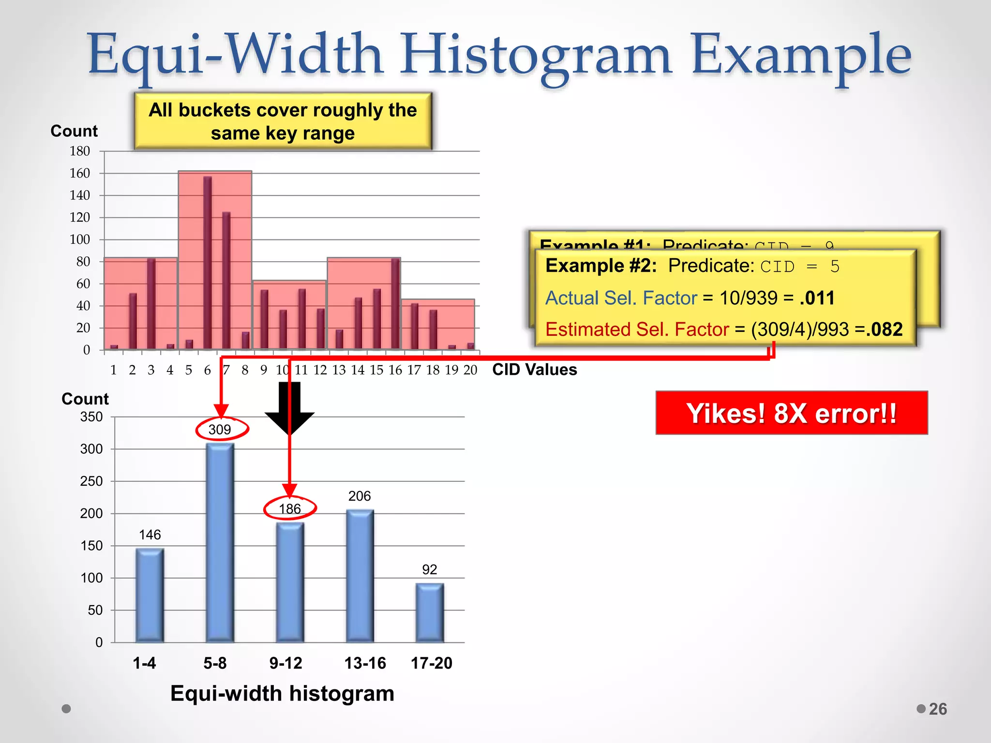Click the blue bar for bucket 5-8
[220, 542]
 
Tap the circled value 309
[221, 429]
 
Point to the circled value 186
[290, 508]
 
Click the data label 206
[359, 496]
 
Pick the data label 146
[150, 535]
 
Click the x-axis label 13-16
[365, 663]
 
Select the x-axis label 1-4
[144, 663]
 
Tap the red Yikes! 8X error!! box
[791, 413]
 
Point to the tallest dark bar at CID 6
[208, 261]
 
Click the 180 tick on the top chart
[80, 151]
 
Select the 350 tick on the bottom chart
[91, 416]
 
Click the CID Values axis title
[534, 370]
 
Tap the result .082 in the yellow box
[884, 329]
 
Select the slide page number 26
[937, 709]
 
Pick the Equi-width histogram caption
[282, 693]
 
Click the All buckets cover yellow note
[283, 121]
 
